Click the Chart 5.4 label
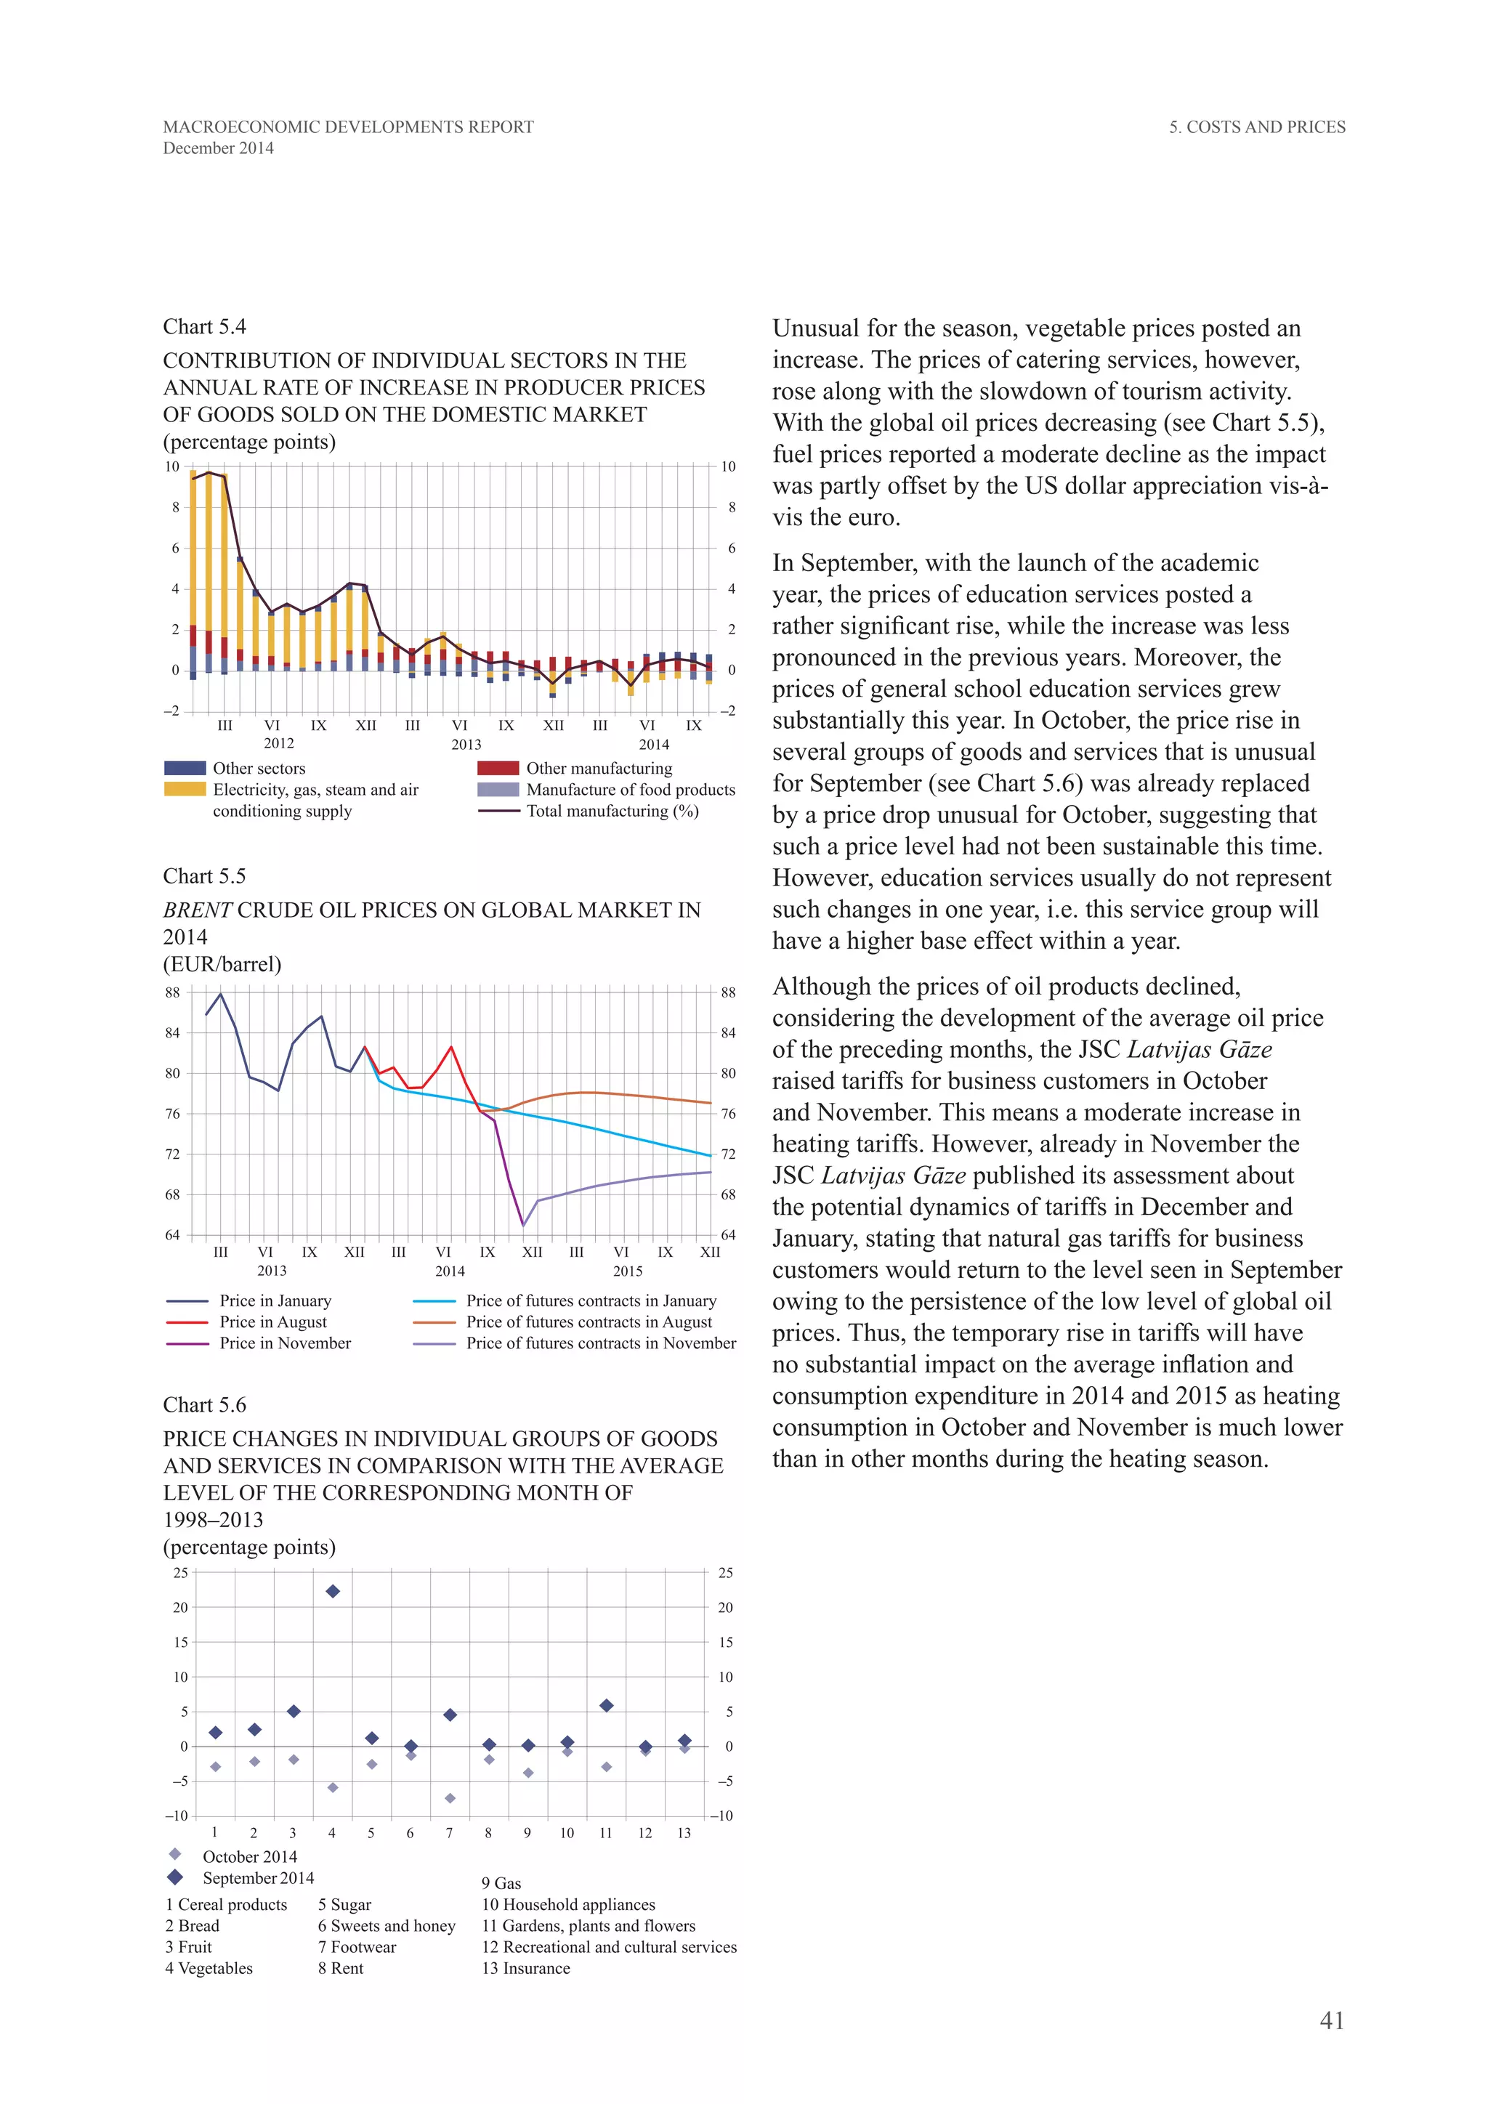pos(204,327)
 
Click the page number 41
pos(1331,2020)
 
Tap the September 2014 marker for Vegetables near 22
pos(333,1592)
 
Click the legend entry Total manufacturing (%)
pos(611,811)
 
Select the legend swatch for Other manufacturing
pos(498,768)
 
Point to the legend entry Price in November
pos(285,1343)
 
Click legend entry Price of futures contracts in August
pos(589,1322)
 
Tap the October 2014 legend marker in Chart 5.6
pos(175,1854)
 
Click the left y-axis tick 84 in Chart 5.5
pos(172,1033)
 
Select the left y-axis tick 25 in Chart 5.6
pos(180,1574)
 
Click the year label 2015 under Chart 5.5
pos(628,1271)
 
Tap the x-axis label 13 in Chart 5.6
pos(684,1833)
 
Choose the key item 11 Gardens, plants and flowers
pos(589,1926)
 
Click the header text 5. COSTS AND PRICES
pos(1256,127)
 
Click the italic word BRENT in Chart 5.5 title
pos(197,910)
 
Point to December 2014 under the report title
pos(218,148)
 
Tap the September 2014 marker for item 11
pos(606,1707)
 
